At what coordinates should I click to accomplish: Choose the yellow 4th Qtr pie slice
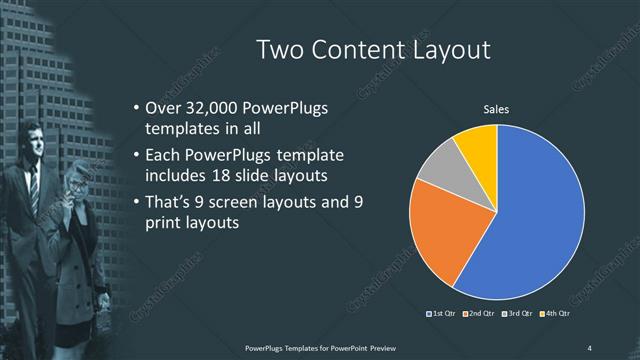tap(478, 145)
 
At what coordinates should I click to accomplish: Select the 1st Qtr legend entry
tap(443, 315)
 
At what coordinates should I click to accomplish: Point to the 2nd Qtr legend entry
tap(481, 315)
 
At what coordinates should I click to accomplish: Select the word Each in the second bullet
tap(163, 157)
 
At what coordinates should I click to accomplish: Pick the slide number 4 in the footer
tap(590, 347)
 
